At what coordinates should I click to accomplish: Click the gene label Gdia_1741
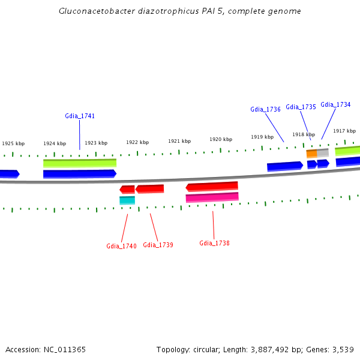point(80,116)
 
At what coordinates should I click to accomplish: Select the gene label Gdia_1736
point(265,109)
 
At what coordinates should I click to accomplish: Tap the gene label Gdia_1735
point(301,107)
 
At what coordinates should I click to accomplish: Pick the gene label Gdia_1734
point(335,104)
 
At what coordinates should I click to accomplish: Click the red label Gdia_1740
point(121,246)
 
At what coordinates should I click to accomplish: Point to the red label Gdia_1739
point(158,245)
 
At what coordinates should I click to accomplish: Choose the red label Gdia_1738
point(214,243)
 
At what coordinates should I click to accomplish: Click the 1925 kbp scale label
point(13,144)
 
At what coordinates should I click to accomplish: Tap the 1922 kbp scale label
point(137,142)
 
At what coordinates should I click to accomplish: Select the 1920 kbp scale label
point(221,139)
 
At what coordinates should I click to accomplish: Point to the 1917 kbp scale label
point(344,131)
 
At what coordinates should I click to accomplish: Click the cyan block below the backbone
point(127,200)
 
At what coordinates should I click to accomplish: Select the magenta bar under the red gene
point(212,197)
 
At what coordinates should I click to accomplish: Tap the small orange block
point(311,154)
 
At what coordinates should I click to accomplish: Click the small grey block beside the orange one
point(323,153)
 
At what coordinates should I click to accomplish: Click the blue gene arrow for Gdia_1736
point(285,166)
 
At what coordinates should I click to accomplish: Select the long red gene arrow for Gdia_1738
point(212,187)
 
